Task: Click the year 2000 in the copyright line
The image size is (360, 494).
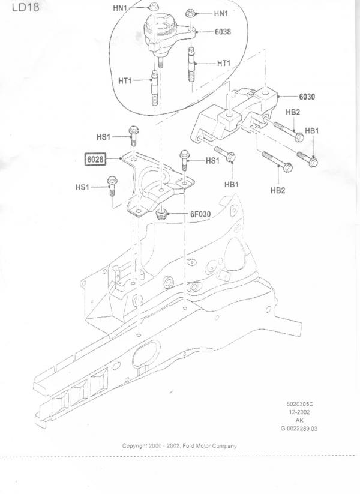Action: coord(155,446)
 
